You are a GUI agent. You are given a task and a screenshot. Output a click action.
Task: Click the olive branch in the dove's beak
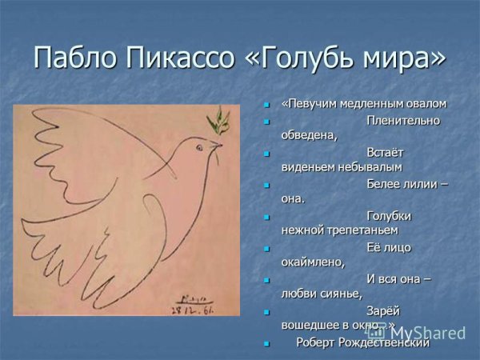(215, 123)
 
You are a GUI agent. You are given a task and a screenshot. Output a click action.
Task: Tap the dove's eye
(198, 145)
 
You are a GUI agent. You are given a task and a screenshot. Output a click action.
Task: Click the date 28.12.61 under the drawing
(194, 306)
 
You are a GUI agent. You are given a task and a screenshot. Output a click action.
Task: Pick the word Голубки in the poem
(389, 215)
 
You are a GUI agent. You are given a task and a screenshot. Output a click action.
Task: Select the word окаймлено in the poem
(312, 262)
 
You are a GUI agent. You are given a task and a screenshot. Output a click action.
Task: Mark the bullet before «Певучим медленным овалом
(269, 104)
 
